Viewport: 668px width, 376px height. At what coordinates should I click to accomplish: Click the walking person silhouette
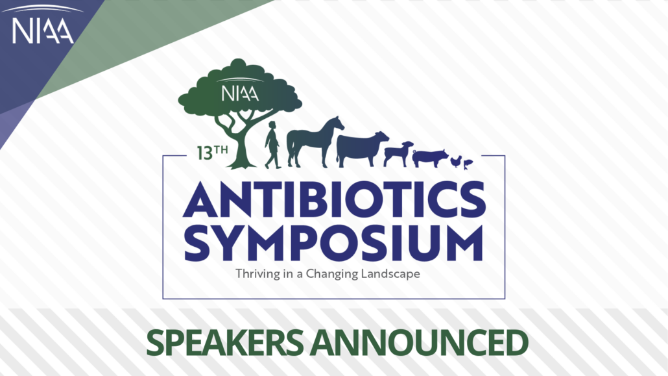[272, 145]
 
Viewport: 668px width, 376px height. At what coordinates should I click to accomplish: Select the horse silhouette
[315, 142]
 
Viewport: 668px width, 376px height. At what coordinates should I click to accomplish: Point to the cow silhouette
[362, 149]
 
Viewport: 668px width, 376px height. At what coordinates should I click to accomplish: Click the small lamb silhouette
[398, 154]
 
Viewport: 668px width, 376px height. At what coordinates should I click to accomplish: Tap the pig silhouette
[430, 158]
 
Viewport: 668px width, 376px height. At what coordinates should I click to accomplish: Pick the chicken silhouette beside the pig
[457, 162]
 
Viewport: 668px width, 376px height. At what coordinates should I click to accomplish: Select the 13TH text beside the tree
[212, 153]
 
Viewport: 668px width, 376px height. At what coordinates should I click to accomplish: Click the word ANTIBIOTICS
[335, 200]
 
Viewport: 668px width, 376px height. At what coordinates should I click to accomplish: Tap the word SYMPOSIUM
[333, 244]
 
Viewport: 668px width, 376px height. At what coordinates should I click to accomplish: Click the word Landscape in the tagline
[390, 273]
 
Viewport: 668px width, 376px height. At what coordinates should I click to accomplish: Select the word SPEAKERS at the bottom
[225, 343]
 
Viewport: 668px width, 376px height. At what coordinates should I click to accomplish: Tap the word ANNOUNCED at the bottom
[419, 343]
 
